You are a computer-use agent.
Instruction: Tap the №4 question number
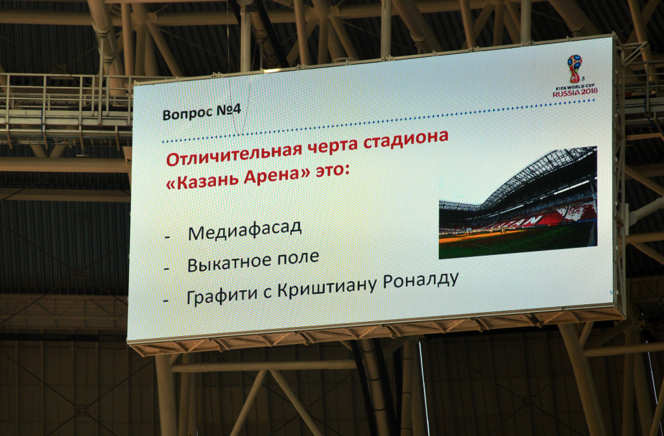click(x=229, y=110)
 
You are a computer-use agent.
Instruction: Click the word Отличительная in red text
click(x=233, y=153)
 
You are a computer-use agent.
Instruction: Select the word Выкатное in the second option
click(x=230, y=263)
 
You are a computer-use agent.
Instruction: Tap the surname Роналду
click(x=421, y=281)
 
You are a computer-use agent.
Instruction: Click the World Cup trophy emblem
click(x=575, y=69)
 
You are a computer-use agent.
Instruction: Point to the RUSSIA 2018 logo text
click(x=575, y=91)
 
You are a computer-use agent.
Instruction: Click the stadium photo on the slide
click(x=518, y=202)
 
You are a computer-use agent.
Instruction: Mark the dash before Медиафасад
click(x=167, y=237)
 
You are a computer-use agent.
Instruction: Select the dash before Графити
click(x=166, y=300)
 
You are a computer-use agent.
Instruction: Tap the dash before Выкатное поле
click(x=167, y=269)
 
